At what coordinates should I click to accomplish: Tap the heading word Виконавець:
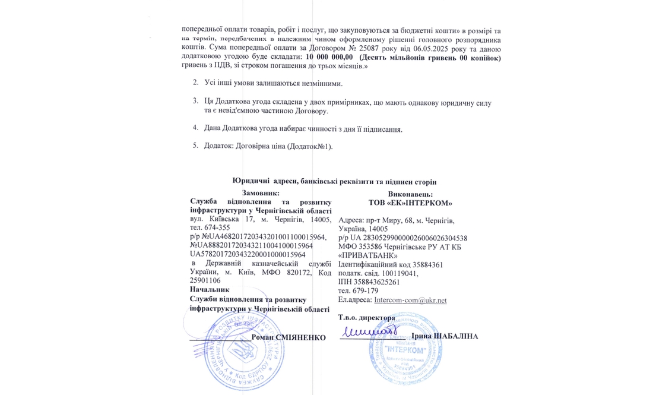(x=410, y=194)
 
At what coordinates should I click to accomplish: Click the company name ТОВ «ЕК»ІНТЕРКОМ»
(x=410, y=203)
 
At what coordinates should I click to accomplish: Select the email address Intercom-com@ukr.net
(x=416, y=301)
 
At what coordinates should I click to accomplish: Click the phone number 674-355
(x=217, y=227)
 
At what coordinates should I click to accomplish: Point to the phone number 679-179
(x=364, y=291)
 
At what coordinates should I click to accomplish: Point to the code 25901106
(x=205, y=280)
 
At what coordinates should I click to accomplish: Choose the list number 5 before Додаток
(x=195, y=146)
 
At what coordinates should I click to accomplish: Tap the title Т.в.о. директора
(x=366, y=318)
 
